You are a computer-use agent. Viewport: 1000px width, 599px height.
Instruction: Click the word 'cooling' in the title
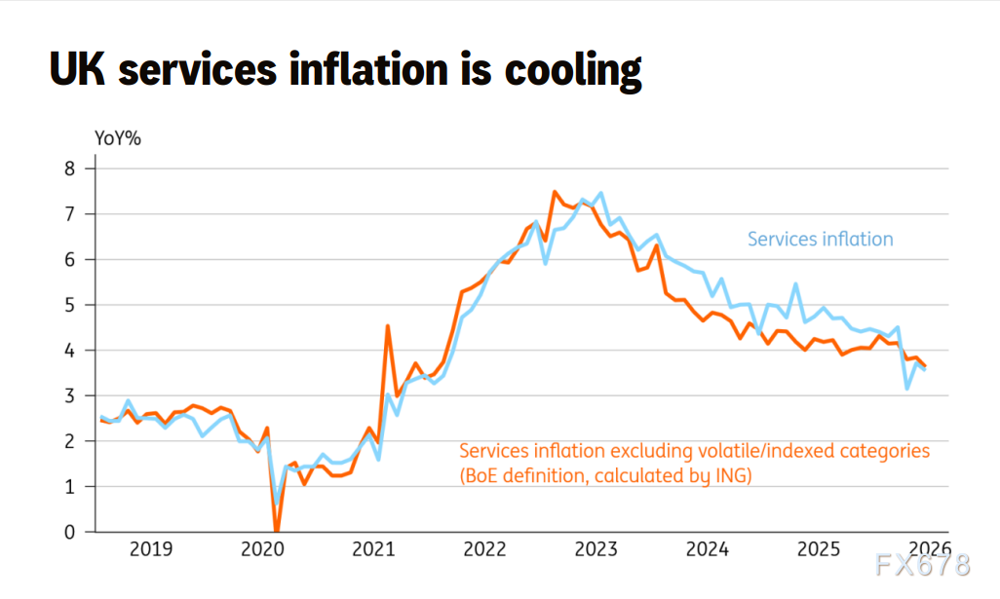tap(573, 71)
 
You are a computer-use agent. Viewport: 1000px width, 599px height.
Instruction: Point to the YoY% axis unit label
tap(117, 138)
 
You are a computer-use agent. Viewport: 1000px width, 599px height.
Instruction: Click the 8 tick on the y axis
tap(69, 168)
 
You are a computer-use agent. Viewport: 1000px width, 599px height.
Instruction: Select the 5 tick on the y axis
tap(69, 305)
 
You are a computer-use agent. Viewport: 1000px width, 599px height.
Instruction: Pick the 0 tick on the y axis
tap(69, 532)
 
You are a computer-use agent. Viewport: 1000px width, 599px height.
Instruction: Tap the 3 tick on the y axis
tap(69, 395)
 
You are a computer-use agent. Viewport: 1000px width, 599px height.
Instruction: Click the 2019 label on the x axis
tap(151, 549)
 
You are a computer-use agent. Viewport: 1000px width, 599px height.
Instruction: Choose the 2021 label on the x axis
tap(373, 549)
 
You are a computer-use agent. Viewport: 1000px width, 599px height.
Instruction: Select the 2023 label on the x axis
tap(596, 549)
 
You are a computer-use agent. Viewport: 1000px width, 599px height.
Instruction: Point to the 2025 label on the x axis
tap(819, 549)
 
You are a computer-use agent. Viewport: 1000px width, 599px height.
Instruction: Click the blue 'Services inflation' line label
tap(820, 239)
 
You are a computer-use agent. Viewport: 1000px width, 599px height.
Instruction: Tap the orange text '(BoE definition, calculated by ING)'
tap(606, 476)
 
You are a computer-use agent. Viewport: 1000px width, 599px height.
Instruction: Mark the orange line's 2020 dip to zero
tap(277, 530)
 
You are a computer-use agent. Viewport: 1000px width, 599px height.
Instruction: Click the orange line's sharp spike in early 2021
tap(388, 327)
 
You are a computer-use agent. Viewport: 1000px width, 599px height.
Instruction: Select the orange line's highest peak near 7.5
tap(555, 192)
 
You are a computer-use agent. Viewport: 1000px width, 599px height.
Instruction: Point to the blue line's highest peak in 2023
tap(600, 194)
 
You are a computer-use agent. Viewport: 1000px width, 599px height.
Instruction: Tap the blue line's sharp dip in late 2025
tap(906, 388)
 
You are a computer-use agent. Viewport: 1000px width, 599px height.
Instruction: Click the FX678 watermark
tap(923, 565)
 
